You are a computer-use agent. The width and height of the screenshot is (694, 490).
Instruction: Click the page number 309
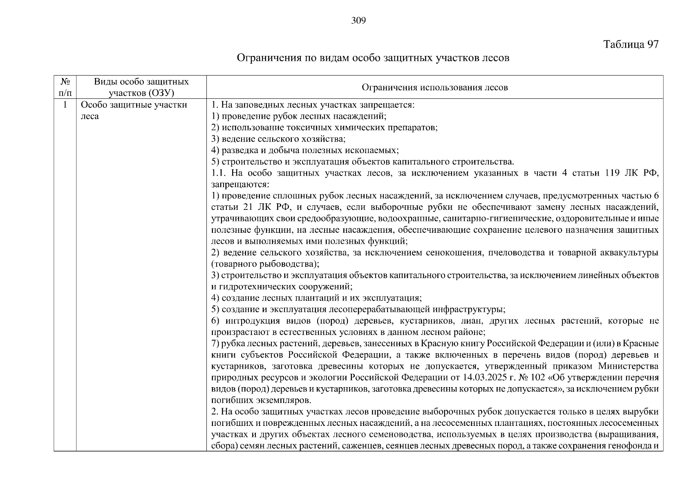(358, 21)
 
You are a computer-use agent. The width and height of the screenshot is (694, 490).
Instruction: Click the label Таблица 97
(631, 45)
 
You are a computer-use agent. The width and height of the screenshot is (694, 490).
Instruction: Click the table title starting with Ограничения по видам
(373, 58)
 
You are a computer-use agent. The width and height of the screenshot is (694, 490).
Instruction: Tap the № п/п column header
(65, 87)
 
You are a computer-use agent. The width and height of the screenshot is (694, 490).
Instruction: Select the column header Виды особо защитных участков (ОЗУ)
(141, 87)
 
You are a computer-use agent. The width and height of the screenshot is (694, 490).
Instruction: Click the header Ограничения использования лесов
(434, 87)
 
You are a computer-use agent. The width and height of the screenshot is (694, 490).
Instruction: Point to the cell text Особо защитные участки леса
(134, 111)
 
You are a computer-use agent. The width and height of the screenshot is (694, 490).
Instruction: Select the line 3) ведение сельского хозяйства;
(279, 139)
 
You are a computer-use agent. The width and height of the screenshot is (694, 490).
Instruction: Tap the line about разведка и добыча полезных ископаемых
(305, 150)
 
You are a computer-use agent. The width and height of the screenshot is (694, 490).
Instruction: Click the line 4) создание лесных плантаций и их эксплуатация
(317, 298)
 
